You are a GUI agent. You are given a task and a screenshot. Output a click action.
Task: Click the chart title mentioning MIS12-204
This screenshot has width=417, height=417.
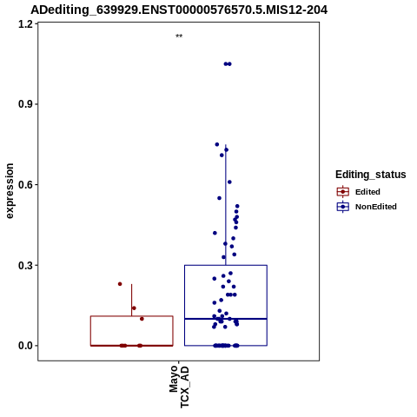point(179,10)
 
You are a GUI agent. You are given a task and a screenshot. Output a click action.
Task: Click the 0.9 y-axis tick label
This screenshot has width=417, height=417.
point(24,104)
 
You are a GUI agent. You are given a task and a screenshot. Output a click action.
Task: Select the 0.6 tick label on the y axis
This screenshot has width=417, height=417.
point(24,185)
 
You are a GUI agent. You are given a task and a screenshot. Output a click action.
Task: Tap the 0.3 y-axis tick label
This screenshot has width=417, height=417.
point(24,265)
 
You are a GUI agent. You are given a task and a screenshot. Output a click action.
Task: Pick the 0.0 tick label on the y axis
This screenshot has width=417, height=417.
point(24,346)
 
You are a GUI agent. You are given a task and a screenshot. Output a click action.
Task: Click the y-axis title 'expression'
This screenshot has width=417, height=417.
point(10,191)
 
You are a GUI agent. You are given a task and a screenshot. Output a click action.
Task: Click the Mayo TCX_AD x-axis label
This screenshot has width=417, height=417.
point(179,387)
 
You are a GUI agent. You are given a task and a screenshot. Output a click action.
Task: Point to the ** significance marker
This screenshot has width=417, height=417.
point(179,36)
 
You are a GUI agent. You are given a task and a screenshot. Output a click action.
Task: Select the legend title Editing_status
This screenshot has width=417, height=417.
point(371,175)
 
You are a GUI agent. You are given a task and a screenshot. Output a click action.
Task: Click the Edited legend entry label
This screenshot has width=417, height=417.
point(367,192)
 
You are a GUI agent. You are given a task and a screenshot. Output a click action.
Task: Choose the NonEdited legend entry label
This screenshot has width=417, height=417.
point(376,207)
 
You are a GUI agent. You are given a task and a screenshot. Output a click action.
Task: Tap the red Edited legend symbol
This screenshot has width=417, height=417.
point(343,192)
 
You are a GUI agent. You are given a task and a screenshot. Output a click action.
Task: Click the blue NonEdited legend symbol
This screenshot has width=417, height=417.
point(343,207)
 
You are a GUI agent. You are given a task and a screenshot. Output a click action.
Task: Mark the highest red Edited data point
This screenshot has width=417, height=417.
point(120,284)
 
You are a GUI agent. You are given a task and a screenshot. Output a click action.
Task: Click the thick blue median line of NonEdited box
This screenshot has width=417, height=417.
point(226,319)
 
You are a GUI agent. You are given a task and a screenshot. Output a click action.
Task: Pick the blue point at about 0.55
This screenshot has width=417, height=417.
point(219,198)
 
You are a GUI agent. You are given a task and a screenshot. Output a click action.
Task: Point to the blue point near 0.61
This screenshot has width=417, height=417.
point(229,182)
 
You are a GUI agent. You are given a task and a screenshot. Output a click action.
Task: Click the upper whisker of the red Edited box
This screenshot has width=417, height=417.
point(132,300)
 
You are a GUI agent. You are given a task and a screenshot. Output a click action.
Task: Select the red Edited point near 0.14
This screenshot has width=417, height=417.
point(134,308)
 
